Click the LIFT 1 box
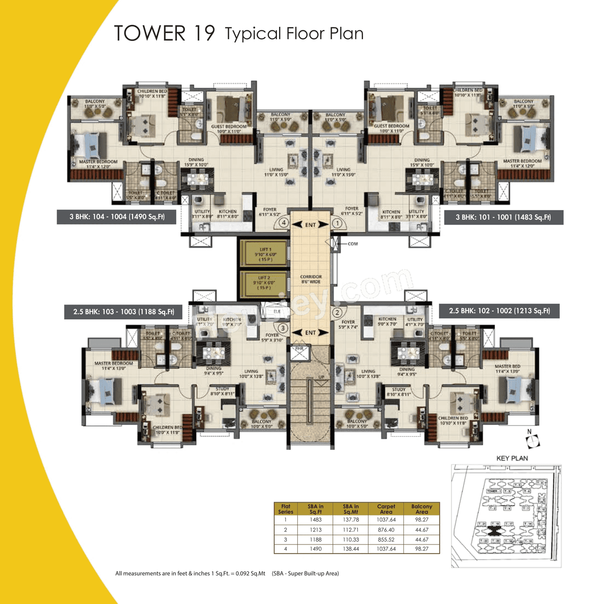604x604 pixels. tap(264, 254)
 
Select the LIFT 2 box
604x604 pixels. tap(264, 283)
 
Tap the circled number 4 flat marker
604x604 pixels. tap(284, 223)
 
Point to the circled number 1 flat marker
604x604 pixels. tap(337, 223)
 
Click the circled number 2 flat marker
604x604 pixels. tap(337, 312)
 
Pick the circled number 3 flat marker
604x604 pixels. tap(283, 328)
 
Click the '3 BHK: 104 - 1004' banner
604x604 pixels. tap(117, 217)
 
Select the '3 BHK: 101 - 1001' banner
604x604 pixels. tap(503, 218)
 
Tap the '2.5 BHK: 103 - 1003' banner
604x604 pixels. tap(123, 312)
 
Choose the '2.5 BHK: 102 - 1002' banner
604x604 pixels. tap(499, 311)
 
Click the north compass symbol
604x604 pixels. tap(532, 440)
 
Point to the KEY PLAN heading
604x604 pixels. tap(512, 458)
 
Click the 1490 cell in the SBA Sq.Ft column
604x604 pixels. tap(316, 549)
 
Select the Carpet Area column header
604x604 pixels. tap(386, 509)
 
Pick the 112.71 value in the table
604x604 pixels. tap(351, 530)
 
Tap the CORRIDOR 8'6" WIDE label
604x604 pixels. tap(311, 279)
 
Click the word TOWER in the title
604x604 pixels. tap(150, 34)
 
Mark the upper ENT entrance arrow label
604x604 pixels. tap(310, 225)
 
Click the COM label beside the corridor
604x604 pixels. tap(352, 244)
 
